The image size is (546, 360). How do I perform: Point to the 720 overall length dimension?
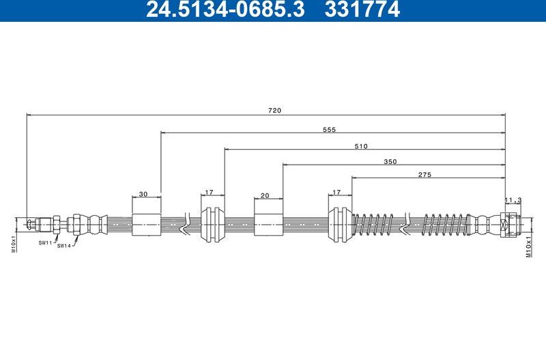(275, 110)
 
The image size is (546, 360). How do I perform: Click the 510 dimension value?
(361, 146)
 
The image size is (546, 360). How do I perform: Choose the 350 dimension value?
(390, 162)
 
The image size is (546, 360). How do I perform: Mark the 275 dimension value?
(425, 175)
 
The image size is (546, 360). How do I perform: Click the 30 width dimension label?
(143, 195)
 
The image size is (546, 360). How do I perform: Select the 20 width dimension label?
(265, 195)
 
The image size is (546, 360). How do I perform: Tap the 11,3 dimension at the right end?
(513, 199)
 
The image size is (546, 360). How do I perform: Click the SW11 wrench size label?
(45, 243)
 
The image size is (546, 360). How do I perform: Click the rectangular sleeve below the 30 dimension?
(147, 223)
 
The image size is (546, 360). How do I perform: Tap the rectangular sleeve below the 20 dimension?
(268, 223)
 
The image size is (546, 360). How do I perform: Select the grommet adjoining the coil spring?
(340, 223)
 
